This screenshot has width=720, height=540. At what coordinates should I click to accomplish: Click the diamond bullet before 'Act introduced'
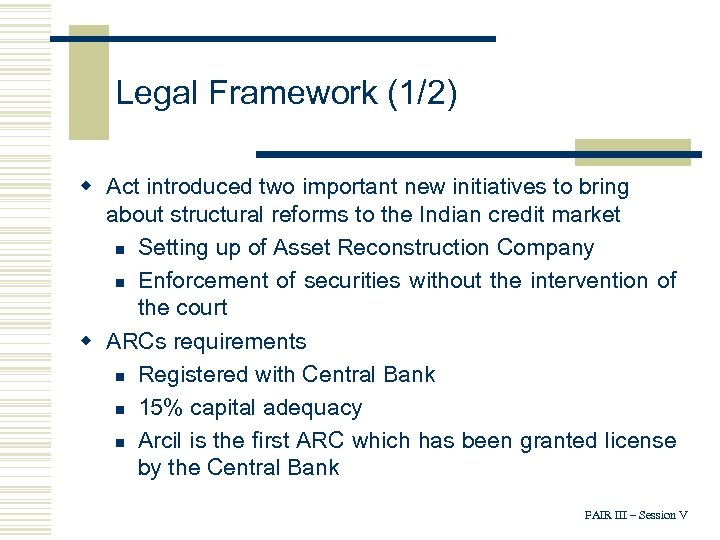coord(87,186)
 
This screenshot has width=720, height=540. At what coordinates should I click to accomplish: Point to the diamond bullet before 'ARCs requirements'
coord(87,341)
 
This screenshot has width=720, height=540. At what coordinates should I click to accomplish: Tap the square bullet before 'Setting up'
coord(119,248)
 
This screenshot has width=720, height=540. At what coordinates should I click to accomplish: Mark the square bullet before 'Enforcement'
coord(119,282)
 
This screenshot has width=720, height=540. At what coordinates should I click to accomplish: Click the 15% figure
coord(159,407)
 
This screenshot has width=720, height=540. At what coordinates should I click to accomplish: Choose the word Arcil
coord(159,440)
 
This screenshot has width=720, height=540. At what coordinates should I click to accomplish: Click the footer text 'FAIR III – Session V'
coord(636,515)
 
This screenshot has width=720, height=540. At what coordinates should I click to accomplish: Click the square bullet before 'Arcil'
coord(119,442)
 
